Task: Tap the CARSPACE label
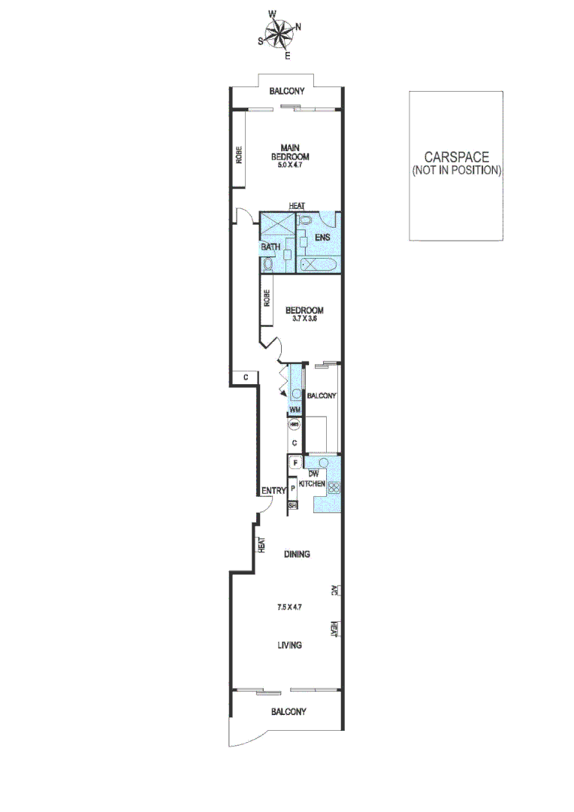pyautogui.click(x=456, y=157)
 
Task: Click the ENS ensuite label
pyautogui.click(x=322, y=238)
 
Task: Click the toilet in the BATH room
pyautogui.click(x=268, y=264)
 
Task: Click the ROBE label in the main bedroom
pyautogui.click(x=240, y=155)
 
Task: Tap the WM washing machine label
pyautogui.click(x=295, y=410)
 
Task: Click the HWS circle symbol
pyautogui.click(x=295, y=424)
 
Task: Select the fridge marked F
pyautogui.click(x=295, y=462)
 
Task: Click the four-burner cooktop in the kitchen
pyautogui.click(x=334, y=487)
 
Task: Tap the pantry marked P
pyautogui.click(x=293, y=488)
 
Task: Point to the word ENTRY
pyautogui.click(x=273, y=491)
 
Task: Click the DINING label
pyautogui.click(x=297, y=554)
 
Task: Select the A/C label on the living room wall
pyautogui.click(x=336, y=590)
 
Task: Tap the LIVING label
pyautogui.click(x=289, y=644)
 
